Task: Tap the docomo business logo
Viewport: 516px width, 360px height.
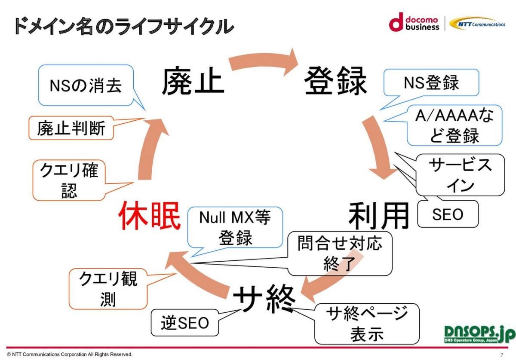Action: (x=414, y=24)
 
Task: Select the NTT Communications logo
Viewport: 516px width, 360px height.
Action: (x=478, y=24)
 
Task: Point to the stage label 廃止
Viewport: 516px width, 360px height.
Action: (x=193, y=82)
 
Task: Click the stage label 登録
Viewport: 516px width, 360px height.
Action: (x=335, y=82)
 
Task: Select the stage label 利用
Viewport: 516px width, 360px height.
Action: (x=378, y=216)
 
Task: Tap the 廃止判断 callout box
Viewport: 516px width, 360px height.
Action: (x=71, y=128)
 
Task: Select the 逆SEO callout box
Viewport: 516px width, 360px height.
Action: (x=185, y=323)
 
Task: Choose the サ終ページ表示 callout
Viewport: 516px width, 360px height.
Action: (x=367, y=323)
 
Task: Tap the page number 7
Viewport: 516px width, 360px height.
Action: (x=502, y=355)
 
